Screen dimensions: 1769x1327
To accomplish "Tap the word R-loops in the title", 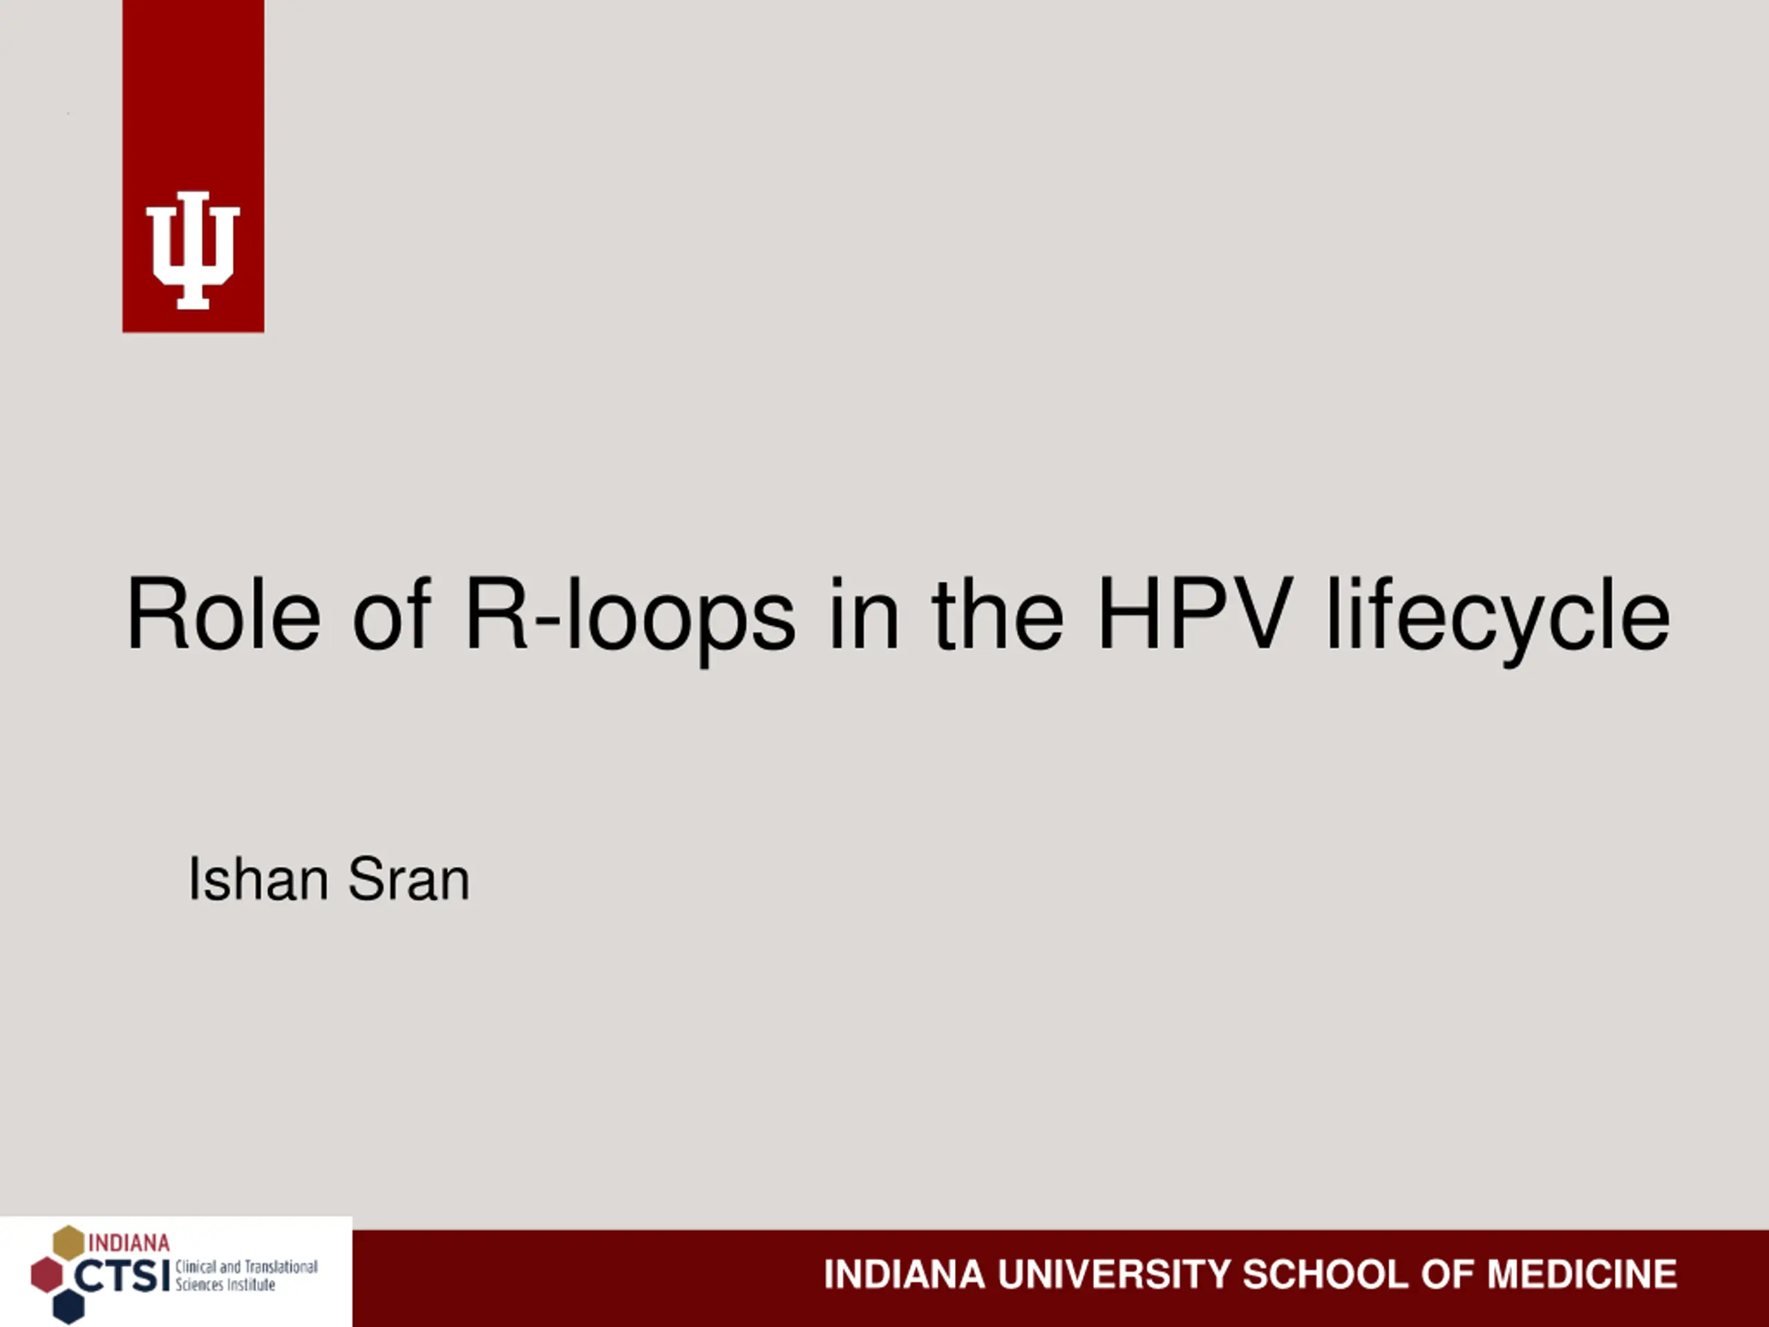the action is tap(630, 620).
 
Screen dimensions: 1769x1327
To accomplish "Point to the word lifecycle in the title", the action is tap(1498, 620).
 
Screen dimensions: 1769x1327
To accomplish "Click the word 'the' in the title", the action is tap(997, 614).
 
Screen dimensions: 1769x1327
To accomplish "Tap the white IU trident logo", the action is tap(193, 250).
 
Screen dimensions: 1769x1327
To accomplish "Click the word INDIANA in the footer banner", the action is tap(904, 1274).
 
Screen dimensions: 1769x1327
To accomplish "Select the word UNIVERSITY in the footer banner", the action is tap(1113, 1274).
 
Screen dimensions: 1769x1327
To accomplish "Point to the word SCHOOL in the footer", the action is tap(1325, 1274).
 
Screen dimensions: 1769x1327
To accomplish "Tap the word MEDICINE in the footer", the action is tap(1582, 1274).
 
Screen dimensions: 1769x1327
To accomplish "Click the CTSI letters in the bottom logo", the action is tap(122, 1276).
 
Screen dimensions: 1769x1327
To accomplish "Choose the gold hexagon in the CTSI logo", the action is tap(69, 1242).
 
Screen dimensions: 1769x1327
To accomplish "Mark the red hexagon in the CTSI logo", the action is tap(46, 1275).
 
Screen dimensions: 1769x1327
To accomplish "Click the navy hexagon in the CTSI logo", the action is tap(69, 1306).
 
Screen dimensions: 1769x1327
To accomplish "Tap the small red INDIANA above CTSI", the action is tap(129, 1243).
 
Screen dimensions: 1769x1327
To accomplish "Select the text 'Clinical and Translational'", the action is tap(246, 1267).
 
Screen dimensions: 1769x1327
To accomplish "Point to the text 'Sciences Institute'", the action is tap(225, 1286).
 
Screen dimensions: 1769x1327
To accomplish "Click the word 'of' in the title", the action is tap(391, 614).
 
